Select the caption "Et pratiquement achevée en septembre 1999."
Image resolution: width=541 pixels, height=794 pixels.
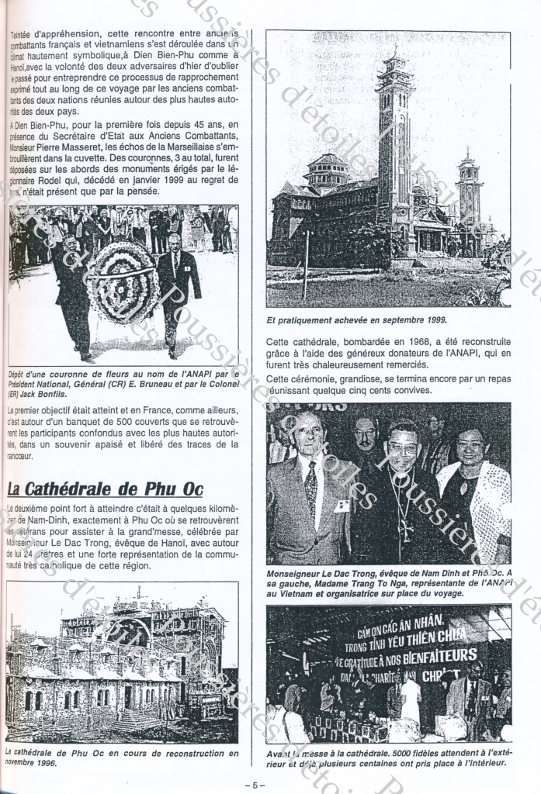pos(357,319)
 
